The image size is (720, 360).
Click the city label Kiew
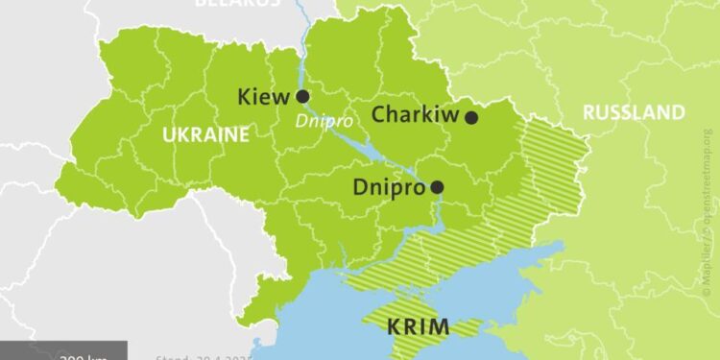pyautogui.click(x=264, y=96)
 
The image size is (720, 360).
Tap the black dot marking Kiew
pyautogui.click(x=302, y=96)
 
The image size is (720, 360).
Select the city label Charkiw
pyautogui.click(x=414, y=115)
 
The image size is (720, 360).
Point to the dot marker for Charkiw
pyautogui.click(x=471, y=117)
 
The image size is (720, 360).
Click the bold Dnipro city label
pyautogui.click(x=389, y=187)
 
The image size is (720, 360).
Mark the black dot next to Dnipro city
pyautogui.click(x=437, y=187)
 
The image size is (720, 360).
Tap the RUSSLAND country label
pyautogui.click(x=635, y=112)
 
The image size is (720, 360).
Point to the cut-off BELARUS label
pyautogui.click(x=238, y=3)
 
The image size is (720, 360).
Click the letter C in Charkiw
pyautogui.click(x=378, y=115)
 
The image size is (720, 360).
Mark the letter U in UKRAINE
pyautogui.click(x=168, y=134)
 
